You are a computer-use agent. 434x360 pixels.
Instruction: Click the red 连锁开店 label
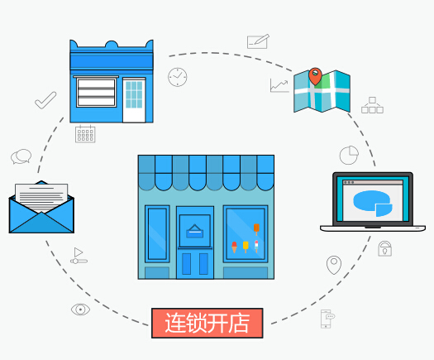click(207, 323)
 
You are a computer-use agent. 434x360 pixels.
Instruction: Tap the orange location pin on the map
click(315, 76)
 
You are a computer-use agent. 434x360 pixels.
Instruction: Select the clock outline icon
click(178, 77)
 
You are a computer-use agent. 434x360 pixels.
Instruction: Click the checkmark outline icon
click(45, 100)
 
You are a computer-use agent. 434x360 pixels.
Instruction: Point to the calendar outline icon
click(85, 134)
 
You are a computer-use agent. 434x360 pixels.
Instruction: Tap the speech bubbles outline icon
click(21, 156)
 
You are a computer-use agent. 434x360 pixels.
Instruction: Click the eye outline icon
click(80, 310)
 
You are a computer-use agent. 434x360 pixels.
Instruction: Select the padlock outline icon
click(384, 248)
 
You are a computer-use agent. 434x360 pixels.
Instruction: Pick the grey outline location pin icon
click(334, 265)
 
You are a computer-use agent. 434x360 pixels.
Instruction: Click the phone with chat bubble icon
click(327, 319)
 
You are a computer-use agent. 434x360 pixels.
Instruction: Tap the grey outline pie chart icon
click(349, 155)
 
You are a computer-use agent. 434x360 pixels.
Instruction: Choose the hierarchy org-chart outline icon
click(372, 105)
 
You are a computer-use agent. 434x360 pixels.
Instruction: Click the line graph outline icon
click(279, 85)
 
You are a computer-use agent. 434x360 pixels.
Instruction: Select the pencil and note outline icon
click(258, 41)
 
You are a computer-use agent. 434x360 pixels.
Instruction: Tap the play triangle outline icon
click(79, 252)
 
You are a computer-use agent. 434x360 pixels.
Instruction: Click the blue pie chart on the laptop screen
click(373, 203)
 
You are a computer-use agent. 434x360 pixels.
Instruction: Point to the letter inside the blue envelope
click(41, 197)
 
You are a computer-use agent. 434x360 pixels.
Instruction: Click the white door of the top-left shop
click(134, 100)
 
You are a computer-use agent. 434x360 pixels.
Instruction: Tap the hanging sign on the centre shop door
click(195, 232)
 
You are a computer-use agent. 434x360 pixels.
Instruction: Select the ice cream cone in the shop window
click(235, 247)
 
